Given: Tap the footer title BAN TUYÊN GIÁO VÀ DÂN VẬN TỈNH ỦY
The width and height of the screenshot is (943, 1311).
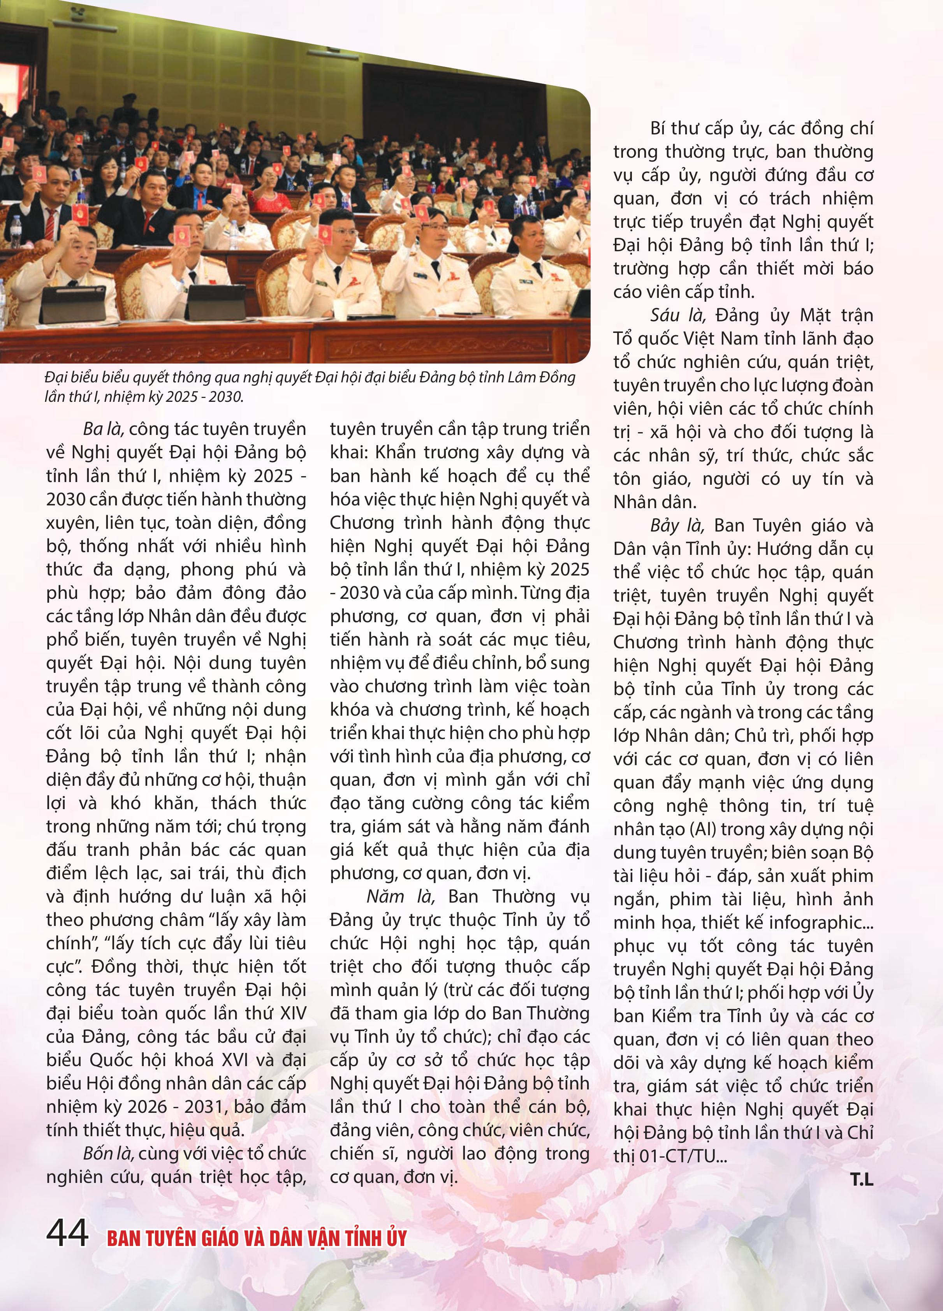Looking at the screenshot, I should pos(257,1237).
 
